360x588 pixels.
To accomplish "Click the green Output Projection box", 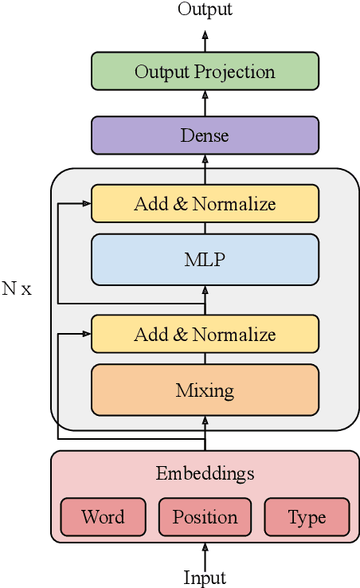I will point(205,71).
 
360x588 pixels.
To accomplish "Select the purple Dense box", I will point(205,135).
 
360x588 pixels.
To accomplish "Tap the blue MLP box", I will point(205,259).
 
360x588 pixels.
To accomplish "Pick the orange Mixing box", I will point(205,390).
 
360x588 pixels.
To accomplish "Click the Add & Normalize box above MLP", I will point(205,203).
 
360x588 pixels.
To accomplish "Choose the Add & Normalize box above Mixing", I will point(205,334).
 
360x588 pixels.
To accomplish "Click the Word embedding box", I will point(103,517).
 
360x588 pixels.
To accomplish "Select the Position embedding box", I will point(205,517).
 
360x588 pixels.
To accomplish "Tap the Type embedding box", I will point(307,517).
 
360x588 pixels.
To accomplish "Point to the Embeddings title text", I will point(205,473).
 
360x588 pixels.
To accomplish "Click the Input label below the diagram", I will point(205,578).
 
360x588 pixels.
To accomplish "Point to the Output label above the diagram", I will point(205,10).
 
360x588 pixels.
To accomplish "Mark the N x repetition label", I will point(17,288).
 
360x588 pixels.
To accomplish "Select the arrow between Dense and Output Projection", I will point(205,103).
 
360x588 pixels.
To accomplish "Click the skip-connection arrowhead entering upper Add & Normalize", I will point(85,203).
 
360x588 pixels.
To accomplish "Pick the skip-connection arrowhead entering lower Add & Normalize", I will point(85,334).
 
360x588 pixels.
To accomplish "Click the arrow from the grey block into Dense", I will point(205,161).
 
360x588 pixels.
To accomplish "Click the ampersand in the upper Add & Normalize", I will point(181,204).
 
